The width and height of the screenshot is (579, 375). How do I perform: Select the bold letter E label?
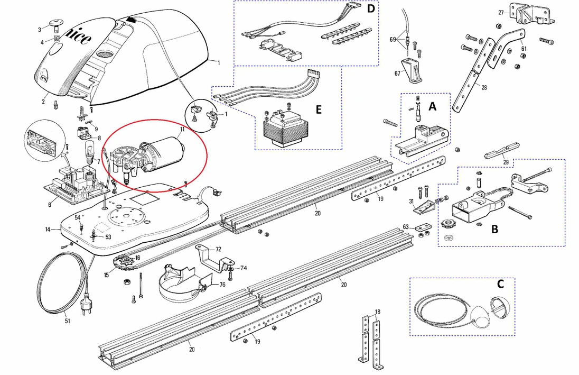(x=318, y=109)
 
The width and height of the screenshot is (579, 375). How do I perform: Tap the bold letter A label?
(x=433, y=107)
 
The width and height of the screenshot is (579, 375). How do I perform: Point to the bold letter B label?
(x=494, y=230)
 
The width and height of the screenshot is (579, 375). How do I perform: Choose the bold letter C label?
(x=500, y=283)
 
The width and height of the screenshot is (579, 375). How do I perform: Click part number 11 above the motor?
(x=182, y=129)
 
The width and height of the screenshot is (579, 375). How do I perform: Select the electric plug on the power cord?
(x=85, y=306)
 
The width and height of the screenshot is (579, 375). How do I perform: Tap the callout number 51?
(x=67, y=321)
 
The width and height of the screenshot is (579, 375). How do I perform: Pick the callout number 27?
(x=501, y=12)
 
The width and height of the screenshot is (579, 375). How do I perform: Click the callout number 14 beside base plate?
(x=47, y=230)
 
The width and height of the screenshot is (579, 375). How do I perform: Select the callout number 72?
(x=218, y=248)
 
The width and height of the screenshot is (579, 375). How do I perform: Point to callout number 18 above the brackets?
(x=377, y=312)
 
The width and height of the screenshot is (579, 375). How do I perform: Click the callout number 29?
(x=506, y=162)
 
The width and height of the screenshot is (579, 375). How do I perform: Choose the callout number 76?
(x=222, y=285)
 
